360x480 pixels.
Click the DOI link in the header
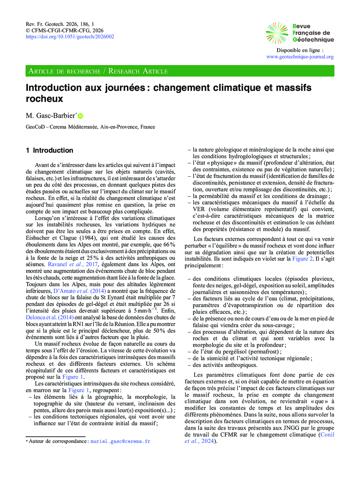[70, 37]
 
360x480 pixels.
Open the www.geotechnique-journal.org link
[300, 56]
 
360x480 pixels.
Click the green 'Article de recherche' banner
[180, 71]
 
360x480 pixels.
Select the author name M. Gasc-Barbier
[50, 115]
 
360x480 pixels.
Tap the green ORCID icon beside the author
[81, 116]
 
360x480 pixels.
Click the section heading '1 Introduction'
[49, 150]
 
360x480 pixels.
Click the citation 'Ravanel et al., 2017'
[76, 264]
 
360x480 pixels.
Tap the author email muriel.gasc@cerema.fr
[120, 441]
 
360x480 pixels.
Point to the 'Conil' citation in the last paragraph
[327, 434]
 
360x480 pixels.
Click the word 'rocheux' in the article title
[44, 99]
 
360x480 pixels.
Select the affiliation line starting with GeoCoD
[90, 127]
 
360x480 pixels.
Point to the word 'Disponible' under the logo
[288, 50]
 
